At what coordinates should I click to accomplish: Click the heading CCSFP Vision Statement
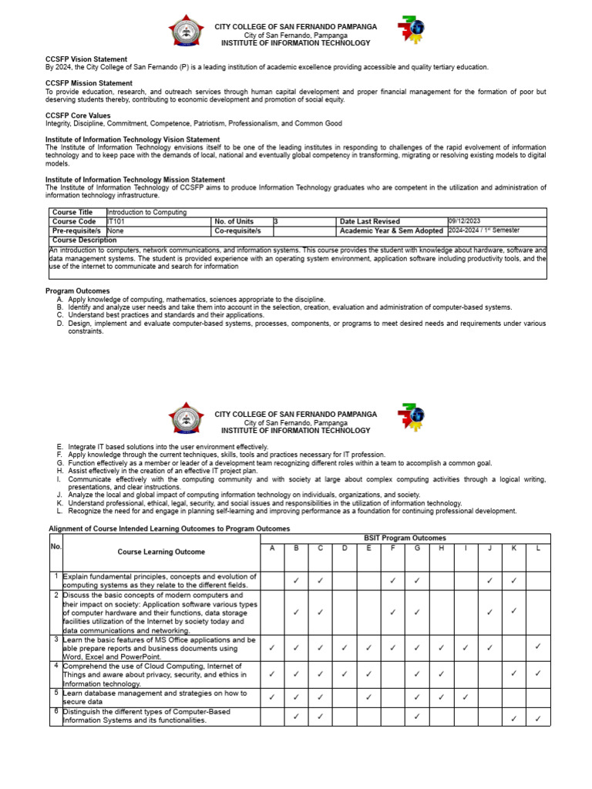(x=86, y=59)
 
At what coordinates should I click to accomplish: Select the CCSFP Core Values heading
(x=78, y=116)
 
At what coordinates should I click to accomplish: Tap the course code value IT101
(x=116, y=222)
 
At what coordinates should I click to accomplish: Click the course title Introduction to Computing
(x=146, y=213)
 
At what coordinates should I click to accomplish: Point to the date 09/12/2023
(x=464, y=221)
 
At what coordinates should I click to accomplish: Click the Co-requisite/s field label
(x=237, y=230)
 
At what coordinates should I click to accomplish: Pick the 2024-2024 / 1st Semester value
(x=484, y=230)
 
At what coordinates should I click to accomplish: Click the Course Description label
(x=84, y=240)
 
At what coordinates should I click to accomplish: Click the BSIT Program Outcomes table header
(x=405, y=538)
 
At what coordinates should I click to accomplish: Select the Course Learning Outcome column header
(x=161, y=552)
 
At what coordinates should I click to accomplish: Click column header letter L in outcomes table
(x=538, y=548)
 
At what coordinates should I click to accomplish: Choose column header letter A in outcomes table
(x=271, y=548)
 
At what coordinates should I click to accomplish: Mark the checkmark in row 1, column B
(x=296, y=581)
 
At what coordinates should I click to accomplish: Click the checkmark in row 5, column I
(x=466, y=697)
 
